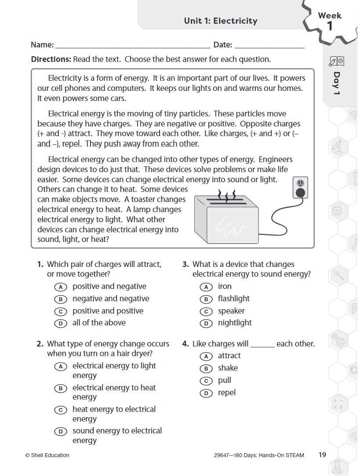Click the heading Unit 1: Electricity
[x=220, y=21]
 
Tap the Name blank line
[x=132, y=47]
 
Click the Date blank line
[x=269, y=47]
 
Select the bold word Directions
[x=51, y=59]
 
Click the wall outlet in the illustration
[x=300, y=188]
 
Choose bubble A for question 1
[x=60, y=287]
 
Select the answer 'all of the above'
[x=99, y=323]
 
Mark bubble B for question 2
[x=60, y=388]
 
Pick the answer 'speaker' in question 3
[x=231, y=311]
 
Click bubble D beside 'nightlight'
[x=206, y=323]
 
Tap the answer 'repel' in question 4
[x=227, y=393]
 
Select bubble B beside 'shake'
[x=206, y=368]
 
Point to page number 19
[x=322, y=455]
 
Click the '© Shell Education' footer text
[x=47, y=455]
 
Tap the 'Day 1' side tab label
[x=337, y=83]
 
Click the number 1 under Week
[x=330, y=26]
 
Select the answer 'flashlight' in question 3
[x=233, y=299]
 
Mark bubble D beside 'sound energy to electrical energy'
[x=60, y=432]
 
